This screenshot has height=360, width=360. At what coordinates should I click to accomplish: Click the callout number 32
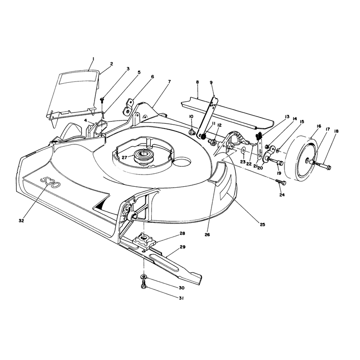[21, 220]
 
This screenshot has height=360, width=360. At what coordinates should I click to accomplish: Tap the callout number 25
[262, 224]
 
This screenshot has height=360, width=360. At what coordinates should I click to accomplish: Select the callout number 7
[170, 81]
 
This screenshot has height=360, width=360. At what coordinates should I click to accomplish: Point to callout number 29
[183, 247]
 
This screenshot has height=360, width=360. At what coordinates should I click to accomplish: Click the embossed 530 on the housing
[50, 182]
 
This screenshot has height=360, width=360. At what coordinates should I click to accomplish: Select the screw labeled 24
[281, 183]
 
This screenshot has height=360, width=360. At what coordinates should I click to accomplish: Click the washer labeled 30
[144, 277]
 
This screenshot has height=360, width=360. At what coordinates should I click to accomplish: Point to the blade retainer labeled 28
[144, 241]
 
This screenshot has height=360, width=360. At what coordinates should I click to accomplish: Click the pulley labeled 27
[143, 156]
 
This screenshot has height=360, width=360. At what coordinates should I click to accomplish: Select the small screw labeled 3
[102, 99]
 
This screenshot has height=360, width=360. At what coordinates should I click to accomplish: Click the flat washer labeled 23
[243, 151]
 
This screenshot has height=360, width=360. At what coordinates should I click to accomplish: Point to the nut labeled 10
[192, 132]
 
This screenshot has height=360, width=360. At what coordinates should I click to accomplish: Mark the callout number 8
[198, 82]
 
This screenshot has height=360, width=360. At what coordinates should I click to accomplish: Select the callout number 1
[93, 59]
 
